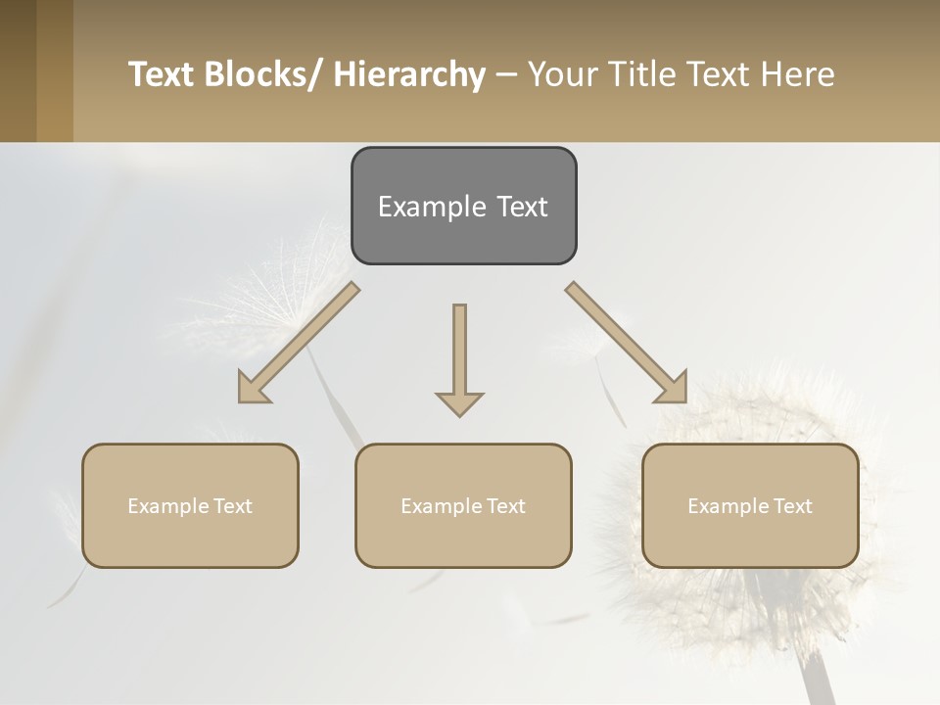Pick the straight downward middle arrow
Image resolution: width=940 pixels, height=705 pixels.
tap(459, 352)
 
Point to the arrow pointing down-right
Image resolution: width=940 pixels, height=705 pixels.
tap(627, 343)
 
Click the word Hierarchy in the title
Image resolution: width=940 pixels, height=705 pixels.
tap(409, 74)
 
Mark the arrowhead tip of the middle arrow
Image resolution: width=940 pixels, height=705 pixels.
tap(459, 415)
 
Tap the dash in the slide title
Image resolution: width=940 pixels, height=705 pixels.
tap(506, 75)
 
